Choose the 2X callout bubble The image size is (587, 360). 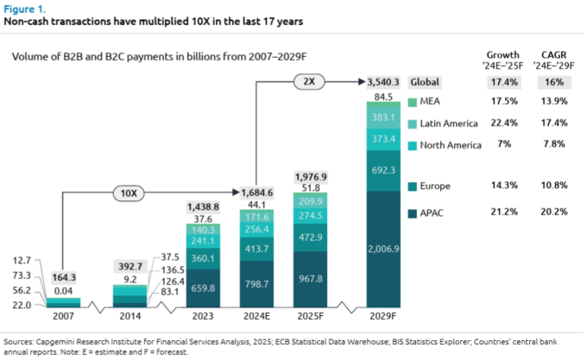309,82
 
